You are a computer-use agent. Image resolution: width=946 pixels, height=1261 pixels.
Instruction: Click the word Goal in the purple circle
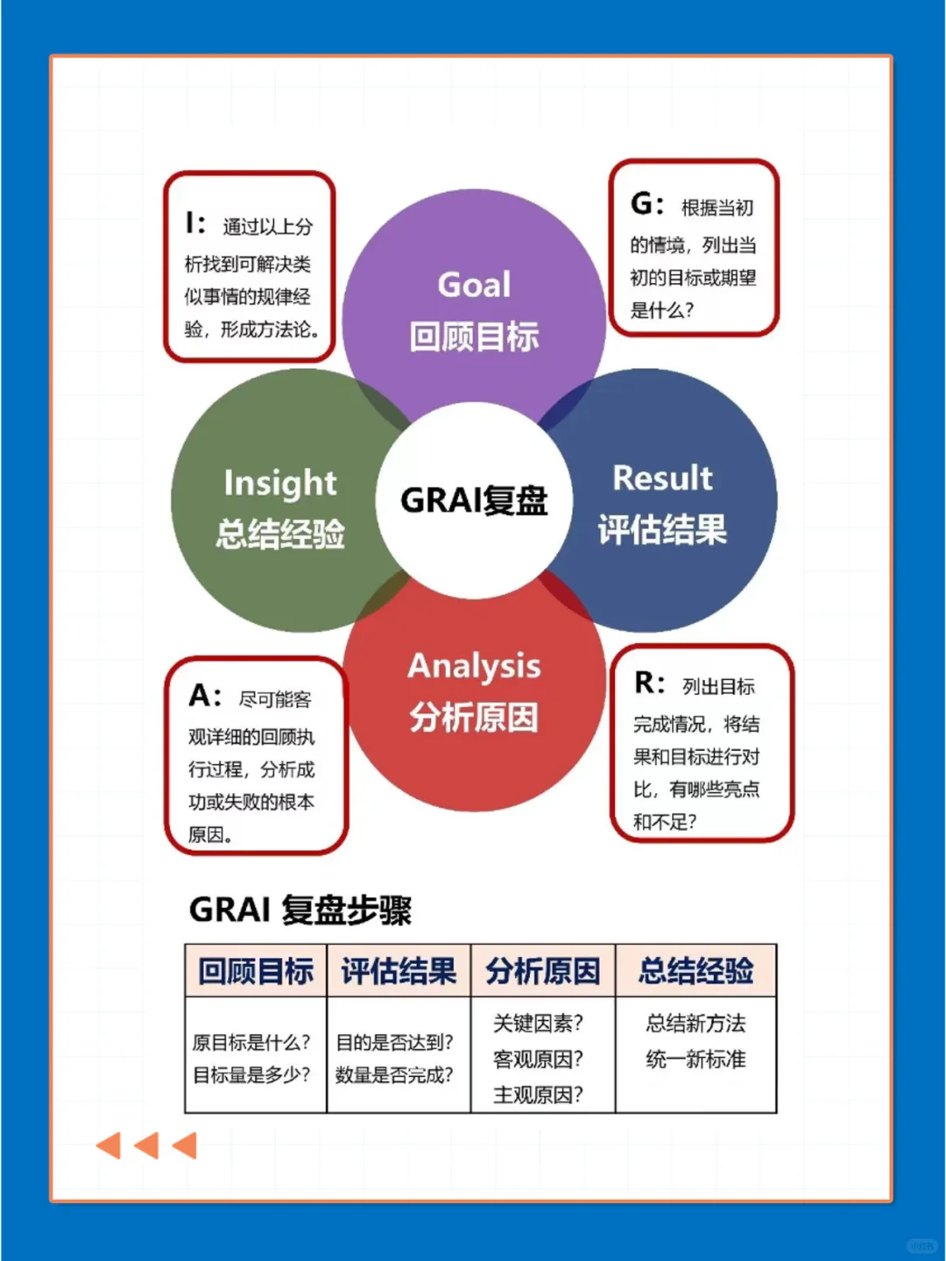tap(474, 285)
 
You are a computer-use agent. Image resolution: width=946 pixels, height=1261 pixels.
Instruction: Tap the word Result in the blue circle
tap(662, 478)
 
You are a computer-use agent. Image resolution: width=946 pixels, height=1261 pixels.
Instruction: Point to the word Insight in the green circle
tap(280, 483)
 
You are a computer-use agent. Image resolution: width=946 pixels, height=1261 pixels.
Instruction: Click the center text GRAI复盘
tap(474, 499)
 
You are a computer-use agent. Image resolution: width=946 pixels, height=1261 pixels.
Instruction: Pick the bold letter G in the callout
tap(640, 204)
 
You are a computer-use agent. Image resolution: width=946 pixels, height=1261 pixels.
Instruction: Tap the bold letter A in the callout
tap(200, 696)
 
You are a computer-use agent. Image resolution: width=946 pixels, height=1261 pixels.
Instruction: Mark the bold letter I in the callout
tap(189, 223)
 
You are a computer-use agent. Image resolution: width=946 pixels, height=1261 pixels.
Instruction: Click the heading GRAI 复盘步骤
tap(300, 910)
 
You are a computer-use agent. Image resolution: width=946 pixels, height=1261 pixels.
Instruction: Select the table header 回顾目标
tap(256, 971)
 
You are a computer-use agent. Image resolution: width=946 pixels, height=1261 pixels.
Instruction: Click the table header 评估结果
tap(399, 971)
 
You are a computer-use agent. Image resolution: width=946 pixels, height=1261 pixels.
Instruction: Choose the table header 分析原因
tap(543, 971)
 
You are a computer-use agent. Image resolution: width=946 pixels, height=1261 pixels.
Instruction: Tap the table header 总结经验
tap(695, 971)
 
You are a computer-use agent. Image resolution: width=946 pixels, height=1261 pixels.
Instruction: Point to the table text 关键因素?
tap(538, 1024)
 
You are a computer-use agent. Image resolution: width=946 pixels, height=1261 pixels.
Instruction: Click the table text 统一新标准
tap(695, 1059)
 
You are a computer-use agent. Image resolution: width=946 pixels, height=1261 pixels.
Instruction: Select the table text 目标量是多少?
tap(251, 1074)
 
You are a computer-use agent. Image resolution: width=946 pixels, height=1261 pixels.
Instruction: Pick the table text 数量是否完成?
tap(394, 1074)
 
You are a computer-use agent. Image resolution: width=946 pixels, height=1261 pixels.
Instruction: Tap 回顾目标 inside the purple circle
tap(474, 337)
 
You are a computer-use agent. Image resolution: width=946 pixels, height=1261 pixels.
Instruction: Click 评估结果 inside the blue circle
tap(662, 529)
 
